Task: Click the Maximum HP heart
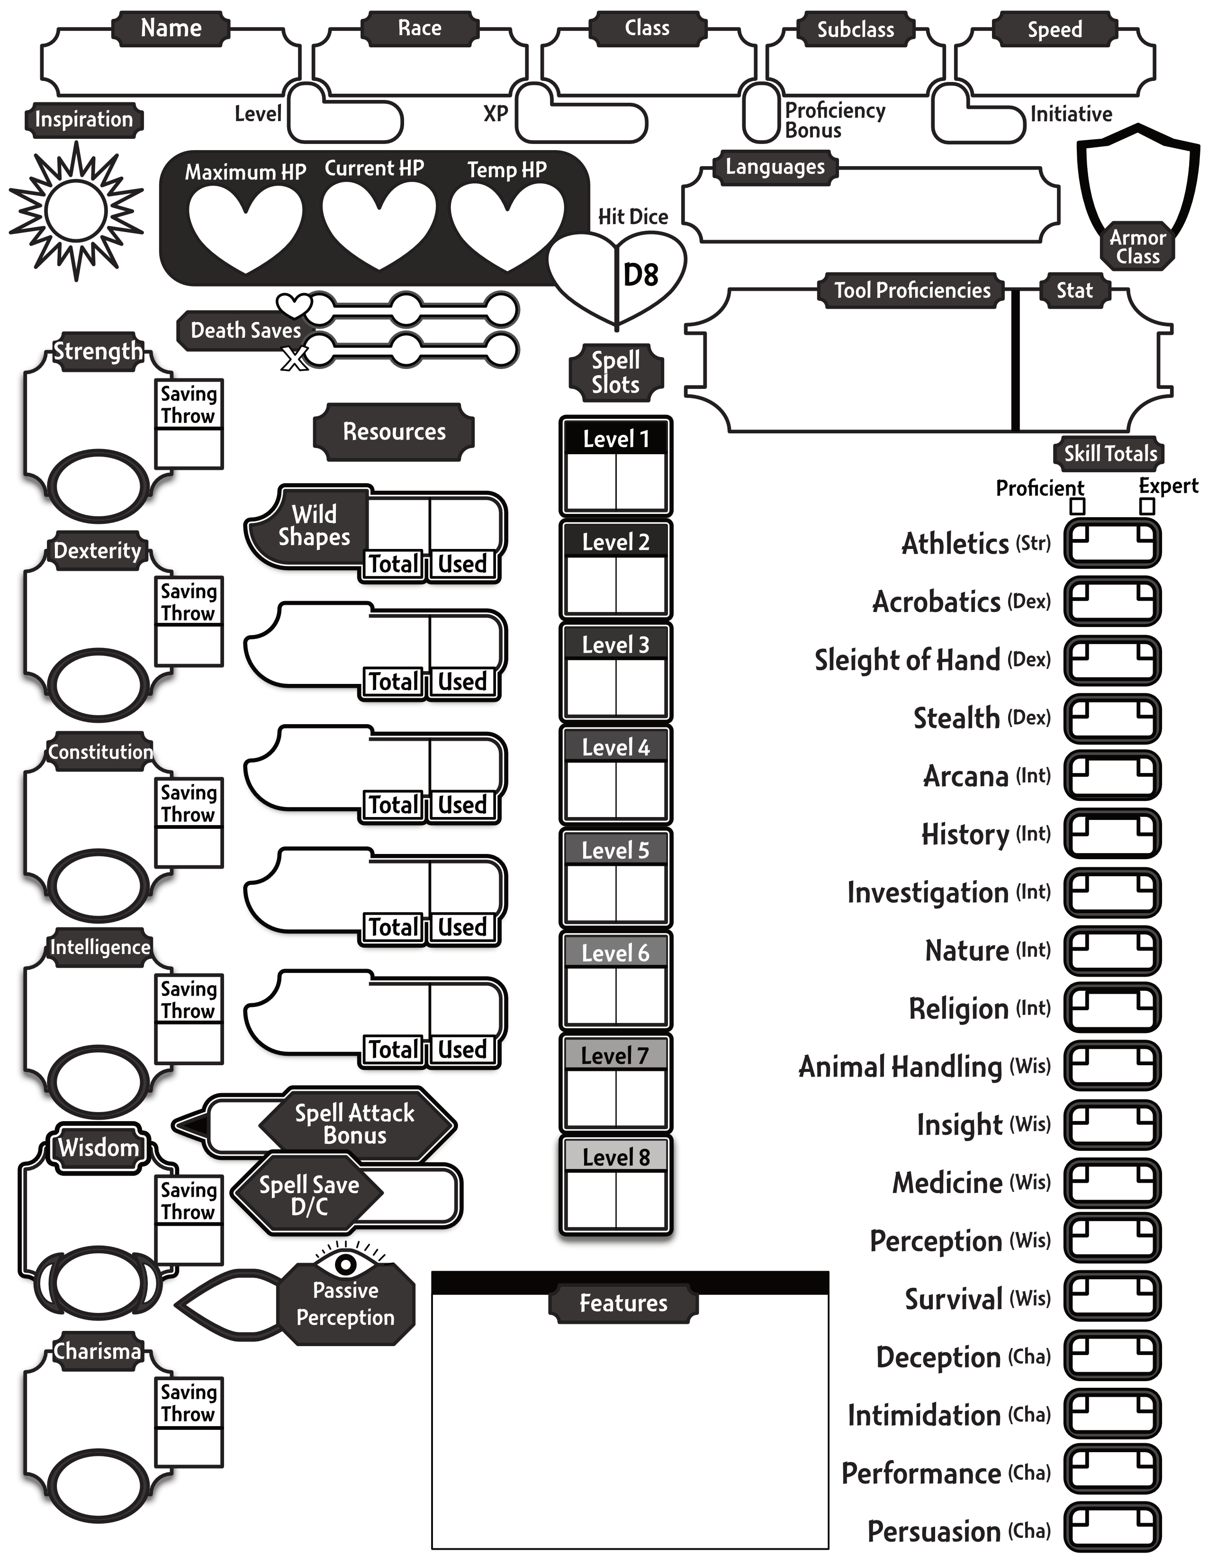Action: [x=245, y=225]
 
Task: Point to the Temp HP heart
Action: [x=507, y=225]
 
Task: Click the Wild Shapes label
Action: [x=314, y=526]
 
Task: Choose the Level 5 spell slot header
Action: [x=615, y=850]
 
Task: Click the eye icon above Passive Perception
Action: [x=346, y=1264]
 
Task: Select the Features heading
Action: [x=623, y=1303]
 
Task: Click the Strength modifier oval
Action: [x=99, y=486]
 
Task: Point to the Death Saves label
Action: [x=245, y=331]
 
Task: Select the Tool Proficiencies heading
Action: [x=912, y=290]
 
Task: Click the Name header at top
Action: [x=171, y=28]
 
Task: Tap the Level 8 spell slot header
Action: [x=615, y=1157]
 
